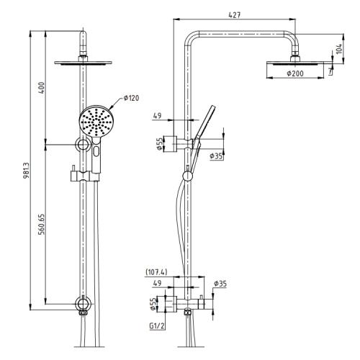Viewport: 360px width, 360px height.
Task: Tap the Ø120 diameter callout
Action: tap(130, 98)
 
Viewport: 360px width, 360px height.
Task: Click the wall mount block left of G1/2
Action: tap(170, 305)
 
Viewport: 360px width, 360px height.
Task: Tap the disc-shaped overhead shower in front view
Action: tap(86, 63)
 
